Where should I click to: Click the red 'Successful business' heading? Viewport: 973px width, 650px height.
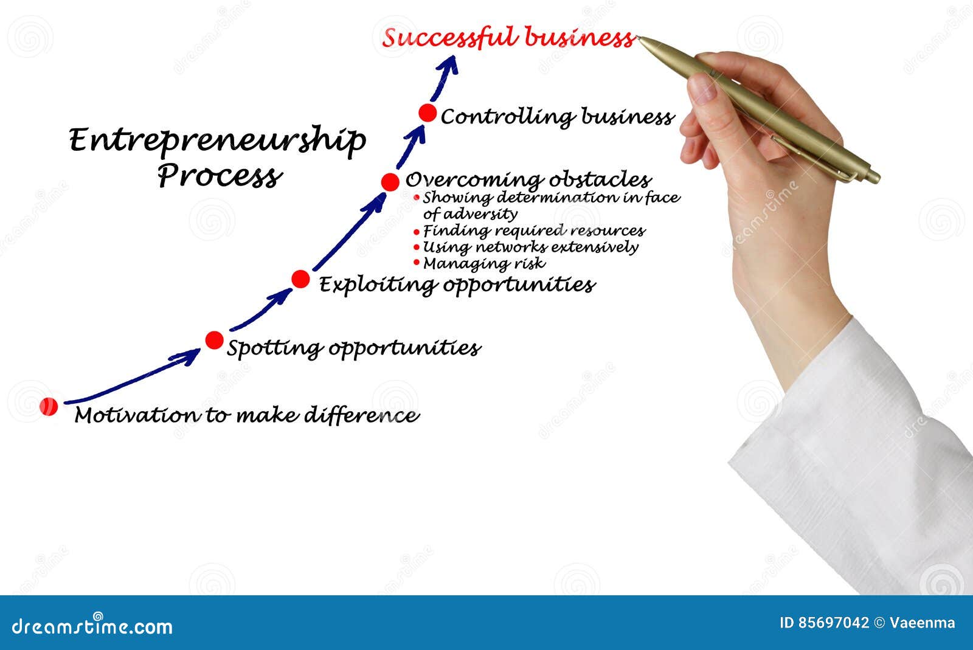point(508,38)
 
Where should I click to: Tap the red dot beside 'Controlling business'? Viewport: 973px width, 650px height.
point(428,113)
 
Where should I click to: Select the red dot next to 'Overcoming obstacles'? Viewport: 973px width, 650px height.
point(390,181)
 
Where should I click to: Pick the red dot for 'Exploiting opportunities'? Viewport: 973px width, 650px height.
point(300,279)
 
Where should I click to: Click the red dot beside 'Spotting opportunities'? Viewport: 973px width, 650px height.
point(214,341)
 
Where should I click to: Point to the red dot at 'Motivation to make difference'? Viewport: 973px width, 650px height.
point(49,406)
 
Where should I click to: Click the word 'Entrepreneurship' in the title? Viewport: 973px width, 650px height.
point(217,141)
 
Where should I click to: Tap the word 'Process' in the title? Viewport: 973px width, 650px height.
point(220,176)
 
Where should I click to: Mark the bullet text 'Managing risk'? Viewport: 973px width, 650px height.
point(483,264)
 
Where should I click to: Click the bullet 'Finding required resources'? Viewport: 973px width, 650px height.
point(533,231)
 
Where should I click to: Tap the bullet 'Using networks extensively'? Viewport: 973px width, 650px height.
point(530,247)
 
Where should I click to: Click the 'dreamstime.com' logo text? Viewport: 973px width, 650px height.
point(92,626)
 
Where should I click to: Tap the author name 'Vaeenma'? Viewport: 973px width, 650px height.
point(922,623)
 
